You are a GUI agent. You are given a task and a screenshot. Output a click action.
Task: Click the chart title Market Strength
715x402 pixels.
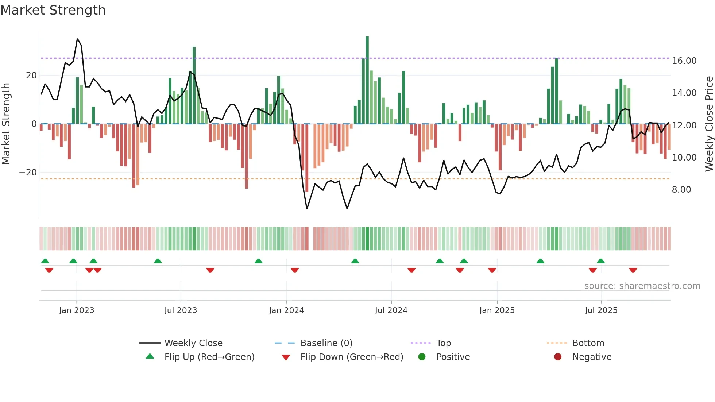53,10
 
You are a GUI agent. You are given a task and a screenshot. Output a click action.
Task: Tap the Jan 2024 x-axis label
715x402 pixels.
286,310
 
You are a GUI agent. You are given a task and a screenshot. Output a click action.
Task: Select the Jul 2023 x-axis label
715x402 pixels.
181,310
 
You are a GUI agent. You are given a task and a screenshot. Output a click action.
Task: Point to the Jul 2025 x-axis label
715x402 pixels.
601,310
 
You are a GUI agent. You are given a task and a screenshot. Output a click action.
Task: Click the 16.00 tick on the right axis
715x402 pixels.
684,61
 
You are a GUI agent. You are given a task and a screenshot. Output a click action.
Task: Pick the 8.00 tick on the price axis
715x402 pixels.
681,190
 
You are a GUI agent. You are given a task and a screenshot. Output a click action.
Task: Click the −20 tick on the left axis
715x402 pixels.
28,173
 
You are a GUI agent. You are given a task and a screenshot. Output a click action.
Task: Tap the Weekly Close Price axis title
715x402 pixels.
709,124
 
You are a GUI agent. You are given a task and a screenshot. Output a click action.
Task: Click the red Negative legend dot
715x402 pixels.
558,357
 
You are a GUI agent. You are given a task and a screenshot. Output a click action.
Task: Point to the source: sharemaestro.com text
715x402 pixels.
642,286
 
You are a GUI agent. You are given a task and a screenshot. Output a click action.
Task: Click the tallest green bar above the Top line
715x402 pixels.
367,47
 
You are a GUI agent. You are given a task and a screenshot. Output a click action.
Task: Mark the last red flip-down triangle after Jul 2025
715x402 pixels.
633,270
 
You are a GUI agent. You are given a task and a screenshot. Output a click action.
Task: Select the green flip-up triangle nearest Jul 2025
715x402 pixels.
601,261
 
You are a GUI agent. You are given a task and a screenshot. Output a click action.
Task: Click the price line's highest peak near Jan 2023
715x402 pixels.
77,39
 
